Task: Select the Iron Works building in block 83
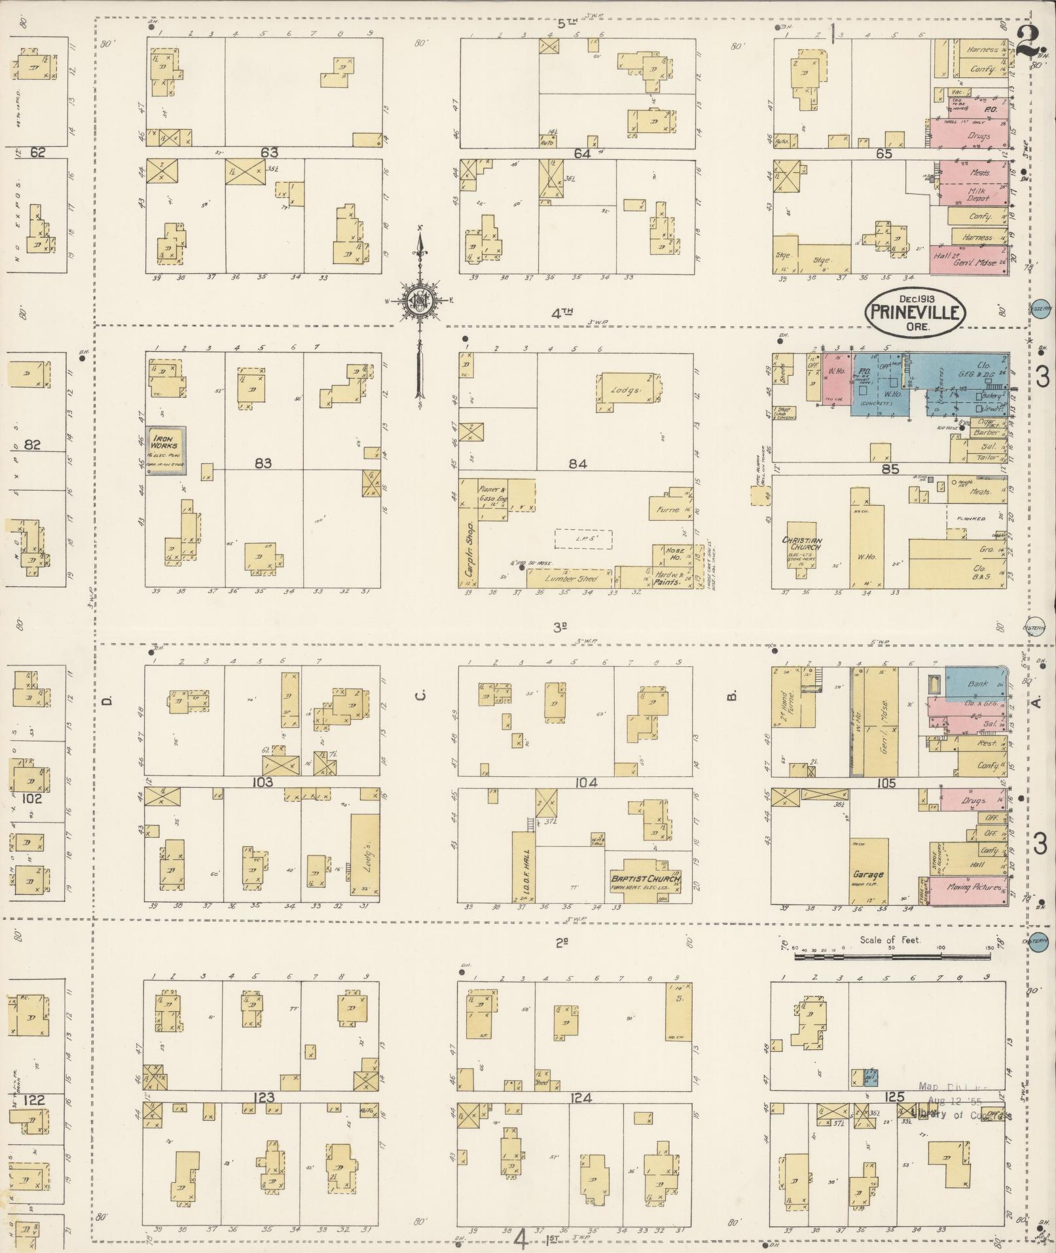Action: tap(166, 451)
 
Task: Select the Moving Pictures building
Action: tap(968, 888)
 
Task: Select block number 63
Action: tap(269, 153)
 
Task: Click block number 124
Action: tap(581, 1097)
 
